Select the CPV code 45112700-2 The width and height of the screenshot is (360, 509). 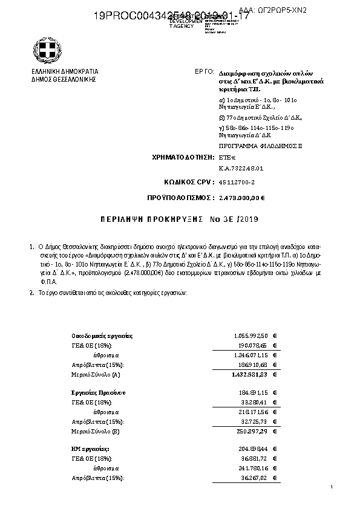tap(237, 181)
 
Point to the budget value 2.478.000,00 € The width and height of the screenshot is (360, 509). tap(241, 198)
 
